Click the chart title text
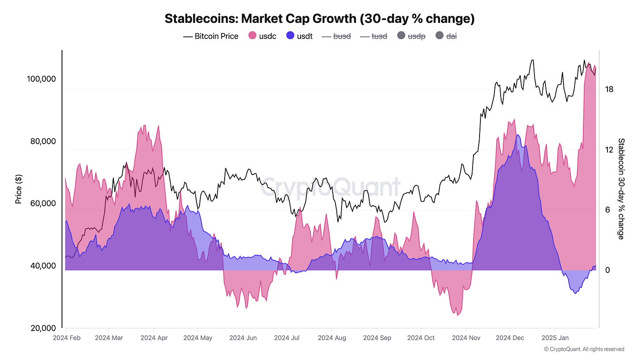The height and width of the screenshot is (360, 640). (x=320, y=19)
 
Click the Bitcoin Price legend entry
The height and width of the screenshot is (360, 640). (x=211, y=36)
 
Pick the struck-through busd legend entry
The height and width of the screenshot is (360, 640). (x=337, y=36)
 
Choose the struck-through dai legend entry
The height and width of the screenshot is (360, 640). (x=447, y=36)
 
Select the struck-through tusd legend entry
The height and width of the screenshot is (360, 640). (x=374, y=36)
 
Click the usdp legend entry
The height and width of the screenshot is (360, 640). (x=411, y=36)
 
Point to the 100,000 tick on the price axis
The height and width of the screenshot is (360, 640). (x=41, y=79)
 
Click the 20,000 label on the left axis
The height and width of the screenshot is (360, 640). (x=43, y=328)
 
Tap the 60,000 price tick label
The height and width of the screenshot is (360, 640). (x=43, y=204)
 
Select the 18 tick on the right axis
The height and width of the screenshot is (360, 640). (x=609, y=89)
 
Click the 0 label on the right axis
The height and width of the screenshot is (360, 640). (x=607, y=270)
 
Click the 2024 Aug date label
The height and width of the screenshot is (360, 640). (x=332, y=338)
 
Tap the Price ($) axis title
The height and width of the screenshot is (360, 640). (x=18, y=189)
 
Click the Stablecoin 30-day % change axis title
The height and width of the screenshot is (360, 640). (x=621, y=189)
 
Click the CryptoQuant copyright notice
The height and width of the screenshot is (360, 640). (x=584, y=349)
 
